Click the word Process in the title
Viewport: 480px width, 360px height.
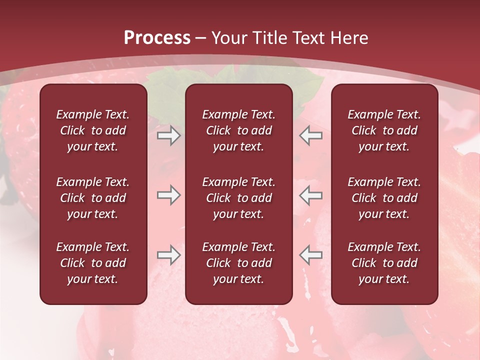point(157,38)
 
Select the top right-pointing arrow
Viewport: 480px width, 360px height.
point(168,135)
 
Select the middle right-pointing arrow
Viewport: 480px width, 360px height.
point(168,195)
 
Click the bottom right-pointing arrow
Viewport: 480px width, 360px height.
point(168,255)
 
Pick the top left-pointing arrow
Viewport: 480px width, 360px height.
point(310,135)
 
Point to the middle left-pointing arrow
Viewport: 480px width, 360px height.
point(310,195)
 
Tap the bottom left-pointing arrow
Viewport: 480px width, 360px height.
point(310,255)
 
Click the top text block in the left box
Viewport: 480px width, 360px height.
point(93,130)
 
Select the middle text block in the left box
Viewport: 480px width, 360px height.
point(93,198)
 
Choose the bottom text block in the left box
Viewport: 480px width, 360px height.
point(93,263)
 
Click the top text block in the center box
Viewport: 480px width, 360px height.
point(238,130)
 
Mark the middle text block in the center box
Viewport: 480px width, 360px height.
point(238,198)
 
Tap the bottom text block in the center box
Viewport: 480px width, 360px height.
point(238,263)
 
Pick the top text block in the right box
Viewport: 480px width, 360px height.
point(384,130)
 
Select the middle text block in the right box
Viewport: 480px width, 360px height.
point(384,198)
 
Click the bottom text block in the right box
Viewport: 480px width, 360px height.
point(384,263)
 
